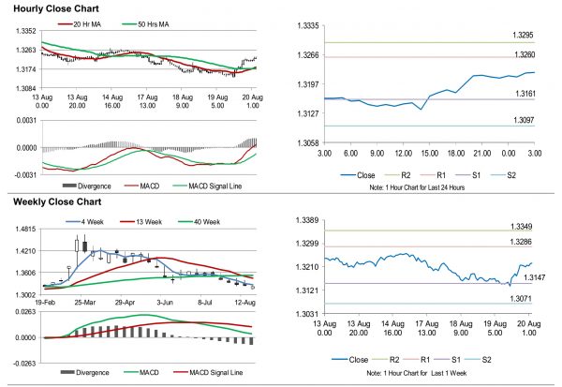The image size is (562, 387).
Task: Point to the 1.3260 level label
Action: click(524, 53)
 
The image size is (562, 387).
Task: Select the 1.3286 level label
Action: click(524, 242)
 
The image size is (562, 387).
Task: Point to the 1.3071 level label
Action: click(524, 298)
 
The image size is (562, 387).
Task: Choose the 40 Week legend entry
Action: click(179, 222)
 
